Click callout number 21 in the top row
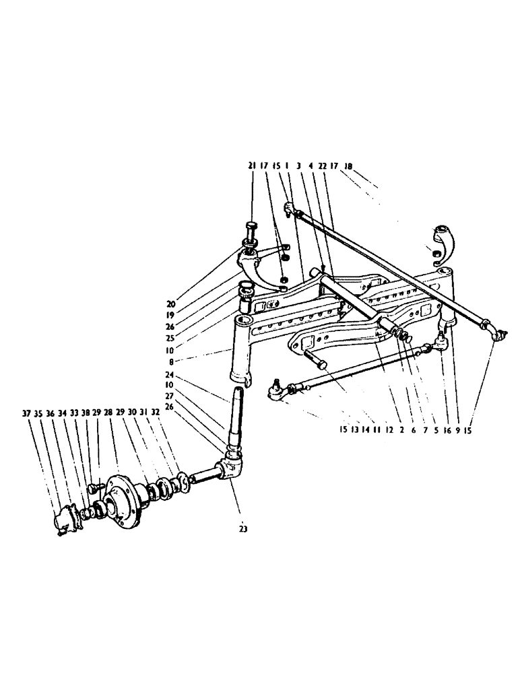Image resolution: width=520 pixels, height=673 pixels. point(251,166)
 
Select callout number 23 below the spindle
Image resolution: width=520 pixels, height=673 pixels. point(242,529)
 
